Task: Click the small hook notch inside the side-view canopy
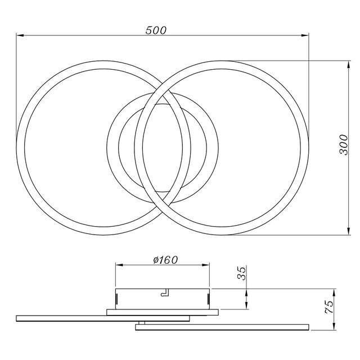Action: click(164, 293)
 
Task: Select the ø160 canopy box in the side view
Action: click(163, 298)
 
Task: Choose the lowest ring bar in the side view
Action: click(222, 326)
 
